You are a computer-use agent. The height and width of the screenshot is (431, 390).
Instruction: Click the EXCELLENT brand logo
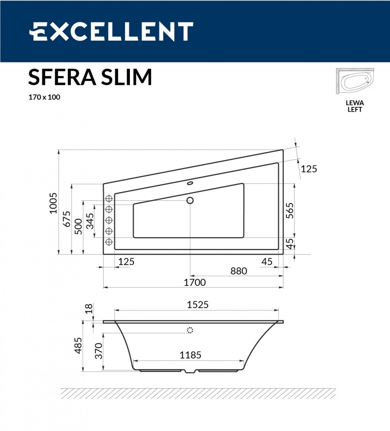tap(111, 31)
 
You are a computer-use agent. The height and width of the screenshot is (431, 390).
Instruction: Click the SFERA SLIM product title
tap(90, 77)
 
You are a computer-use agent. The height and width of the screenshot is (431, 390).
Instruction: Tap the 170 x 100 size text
tap(44, 97)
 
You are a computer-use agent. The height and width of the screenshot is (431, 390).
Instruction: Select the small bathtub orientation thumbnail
tap(355, 81)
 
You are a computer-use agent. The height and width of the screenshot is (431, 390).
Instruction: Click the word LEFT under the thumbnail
tap(355, 109)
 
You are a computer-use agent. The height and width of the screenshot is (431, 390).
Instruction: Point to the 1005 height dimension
tap(53, 203)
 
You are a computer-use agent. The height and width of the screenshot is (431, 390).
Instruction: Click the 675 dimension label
tap(66, 219)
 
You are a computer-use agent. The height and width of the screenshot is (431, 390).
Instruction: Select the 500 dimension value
tap(79, 226)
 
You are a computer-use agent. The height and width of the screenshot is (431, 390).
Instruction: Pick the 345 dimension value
tap(90, 221)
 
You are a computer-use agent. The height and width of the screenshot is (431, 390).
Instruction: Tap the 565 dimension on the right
tap(289, 211)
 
